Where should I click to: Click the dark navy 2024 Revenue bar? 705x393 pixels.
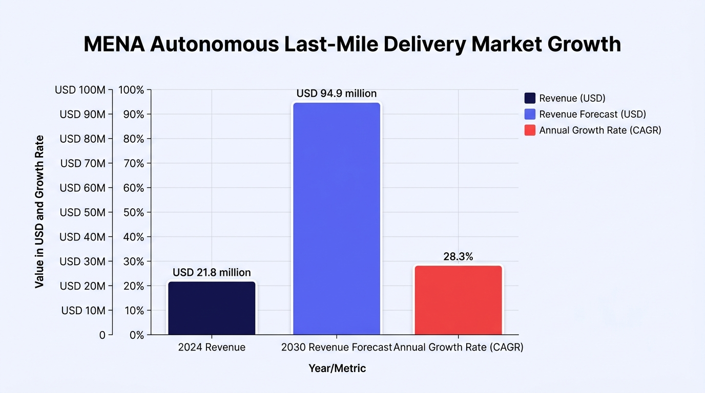(x=212, y=308)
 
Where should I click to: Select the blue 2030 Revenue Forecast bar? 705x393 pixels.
(x=337, y=219)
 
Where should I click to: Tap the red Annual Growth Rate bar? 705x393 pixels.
(x=458, y=300)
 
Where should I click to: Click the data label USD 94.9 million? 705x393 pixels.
(x=337, y=93)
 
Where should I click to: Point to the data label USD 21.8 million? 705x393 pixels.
(x=212, y=272)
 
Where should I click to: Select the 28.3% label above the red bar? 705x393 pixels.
(x=458, y=256)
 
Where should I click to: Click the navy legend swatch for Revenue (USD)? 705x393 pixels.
(x=530, y=98)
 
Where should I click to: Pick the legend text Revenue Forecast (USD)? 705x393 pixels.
(x=593, y=114)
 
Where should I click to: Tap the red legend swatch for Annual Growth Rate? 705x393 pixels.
(x=530, y=130)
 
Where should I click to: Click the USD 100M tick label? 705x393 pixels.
(x=80, y=90)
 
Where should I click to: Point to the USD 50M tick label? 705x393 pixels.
(x=82, y=212)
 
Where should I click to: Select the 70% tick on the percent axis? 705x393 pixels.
(x=133, y=163)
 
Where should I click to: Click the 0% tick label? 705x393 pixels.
(x=137, y=335)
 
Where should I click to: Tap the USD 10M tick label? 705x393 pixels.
(x=83, y=311)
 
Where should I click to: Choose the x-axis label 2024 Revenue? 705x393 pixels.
(x=212, y=347)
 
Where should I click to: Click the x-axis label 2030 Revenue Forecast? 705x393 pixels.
(x=337, y=347)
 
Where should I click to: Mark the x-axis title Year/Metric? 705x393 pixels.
(x=337, y=368)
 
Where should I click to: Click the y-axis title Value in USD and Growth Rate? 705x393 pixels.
(x=39, y=211)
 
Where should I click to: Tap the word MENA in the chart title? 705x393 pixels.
(x=114, y=44)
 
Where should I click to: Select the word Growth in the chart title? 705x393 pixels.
(x=584, y=44)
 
